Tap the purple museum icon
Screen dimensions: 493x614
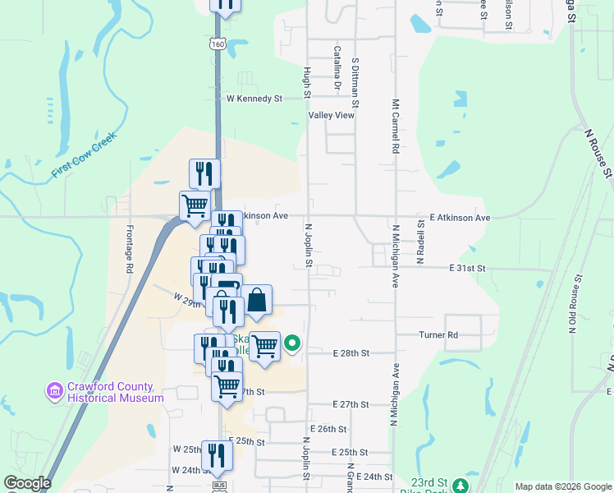(x=55, y=390)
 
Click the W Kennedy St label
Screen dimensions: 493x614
(x=254, y=98)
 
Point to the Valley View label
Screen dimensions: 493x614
(x=331, y=116)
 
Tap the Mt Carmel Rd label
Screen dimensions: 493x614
(x=395, y=128)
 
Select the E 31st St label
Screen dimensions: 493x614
(x=467, y=269)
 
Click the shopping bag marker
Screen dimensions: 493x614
(x=257, y=300)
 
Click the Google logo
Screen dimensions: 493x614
(x=27, y=483)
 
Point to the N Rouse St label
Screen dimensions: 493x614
(x=598, y=151)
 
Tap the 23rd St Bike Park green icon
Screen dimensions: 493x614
(x=460, y=485)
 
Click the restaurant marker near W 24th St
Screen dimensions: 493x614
(x=217, y=455)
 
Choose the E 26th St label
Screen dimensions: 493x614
(x=328, y=429)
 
